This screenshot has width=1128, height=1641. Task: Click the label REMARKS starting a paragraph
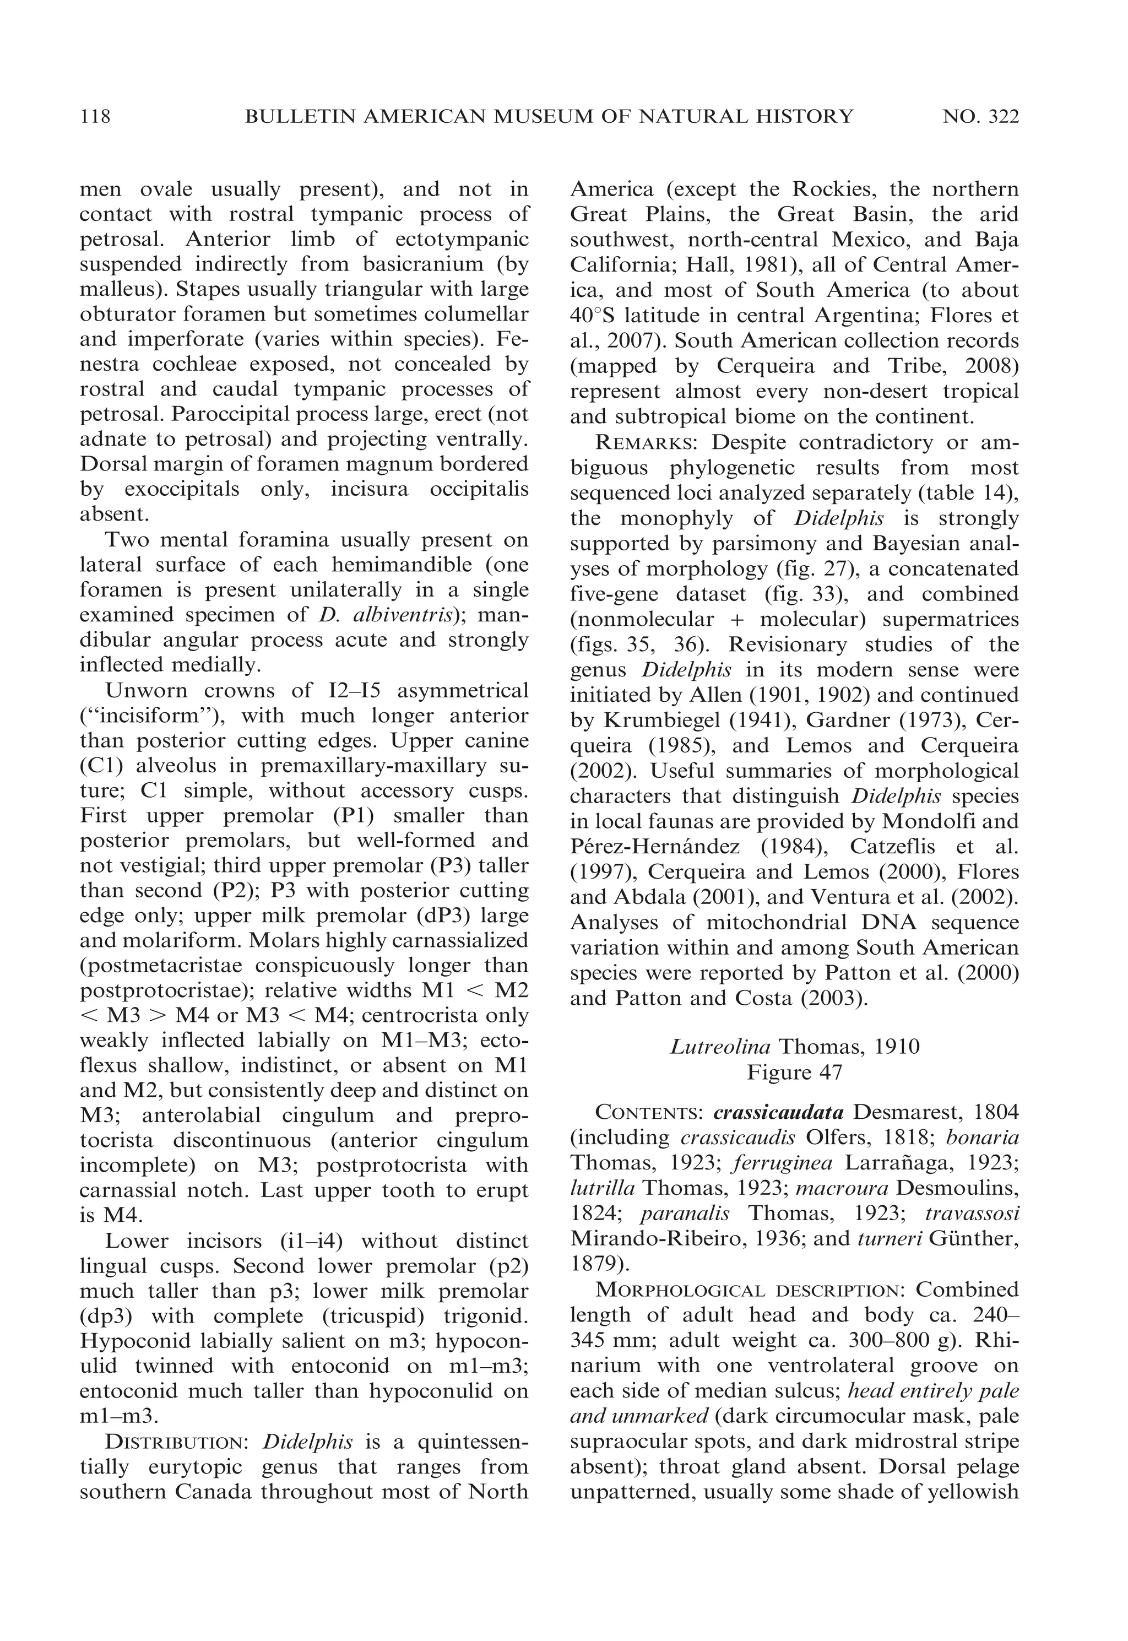point(649,443)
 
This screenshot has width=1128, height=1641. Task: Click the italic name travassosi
point(971,1214)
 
